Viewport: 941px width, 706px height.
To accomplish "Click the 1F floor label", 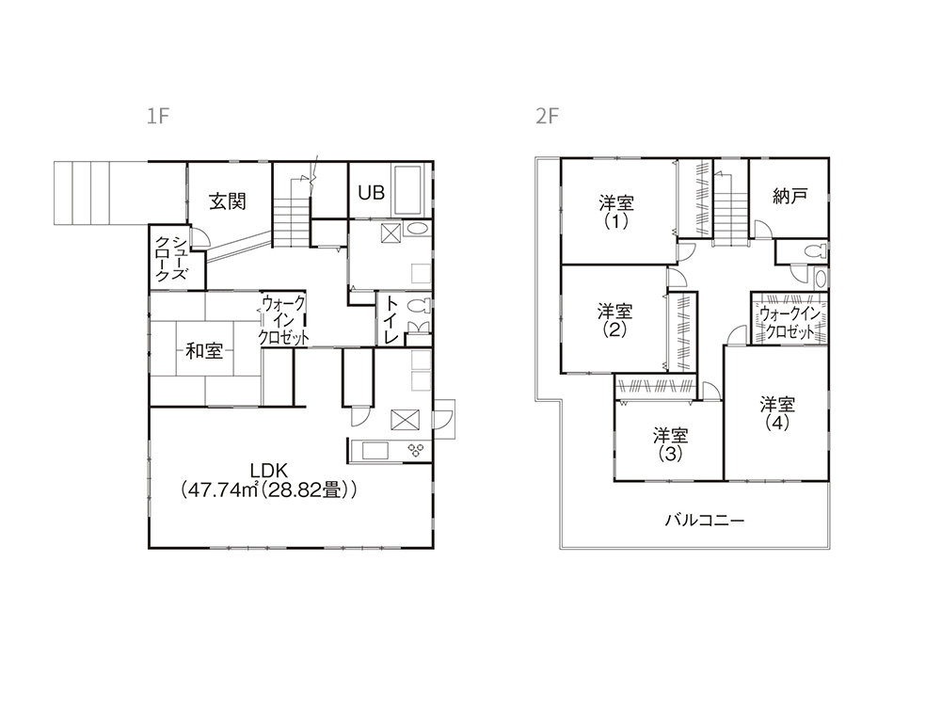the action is pyautogui.click(x=158, y=116).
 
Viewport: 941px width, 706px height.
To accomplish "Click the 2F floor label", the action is pyautogui.click(x=547, y=116).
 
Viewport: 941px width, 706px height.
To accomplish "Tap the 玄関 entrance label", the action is pyautogui.click(x=228, y=201).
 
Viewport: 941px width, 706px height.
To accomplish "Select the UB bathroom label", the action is pyautogui.click(x=372, y=193).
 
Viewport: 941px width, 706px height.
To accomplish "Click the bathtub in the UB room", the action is pyautogui.click(x=408, y=190).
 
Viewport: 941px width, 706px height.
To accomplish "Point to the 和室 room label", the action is pyautogui.click(x=204, y=350).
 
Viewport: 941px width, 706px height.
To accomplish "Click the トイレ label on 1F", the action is pyautogui.click(x=391, y=319).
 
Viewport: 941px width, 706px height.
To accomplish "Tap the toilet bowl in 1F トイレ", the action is pyautogui.click(x=419, y=306).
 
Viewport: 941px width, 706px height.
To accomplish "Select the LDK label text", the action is pyautogui.click(x=269, y=470).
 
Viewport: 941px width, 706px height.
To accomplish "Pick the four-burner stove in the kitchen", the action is pyautogui.click(x=416, y=451).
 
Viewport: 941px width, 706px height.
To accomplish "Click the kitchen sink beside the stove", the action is pyautogui.click(x=375, y=451).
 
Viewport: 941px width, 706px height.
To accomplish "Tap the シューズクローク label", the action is pyautogui.click(x=171, y=258).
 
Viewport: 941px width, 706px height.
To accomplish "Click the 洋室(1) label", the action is pyautogui.click(x=615, y=212).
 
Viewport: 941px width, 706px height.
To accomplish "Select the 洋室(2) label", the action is pyautogui.click(x=614, y=321).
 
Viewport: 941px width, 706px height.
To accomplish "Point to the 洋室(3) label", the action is pyautogui.click(x=670, y=444).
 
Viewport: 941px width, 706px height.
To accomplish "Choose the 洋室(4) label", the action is pyautogui.click(x=777, y=413).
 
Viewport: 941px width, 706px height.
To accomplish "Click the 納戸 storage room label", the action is pyautogui.click(x=789, y=196).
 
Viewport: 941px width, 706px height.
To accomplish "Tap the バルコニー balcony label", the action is pyautogui.click(x=704, y=520).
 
